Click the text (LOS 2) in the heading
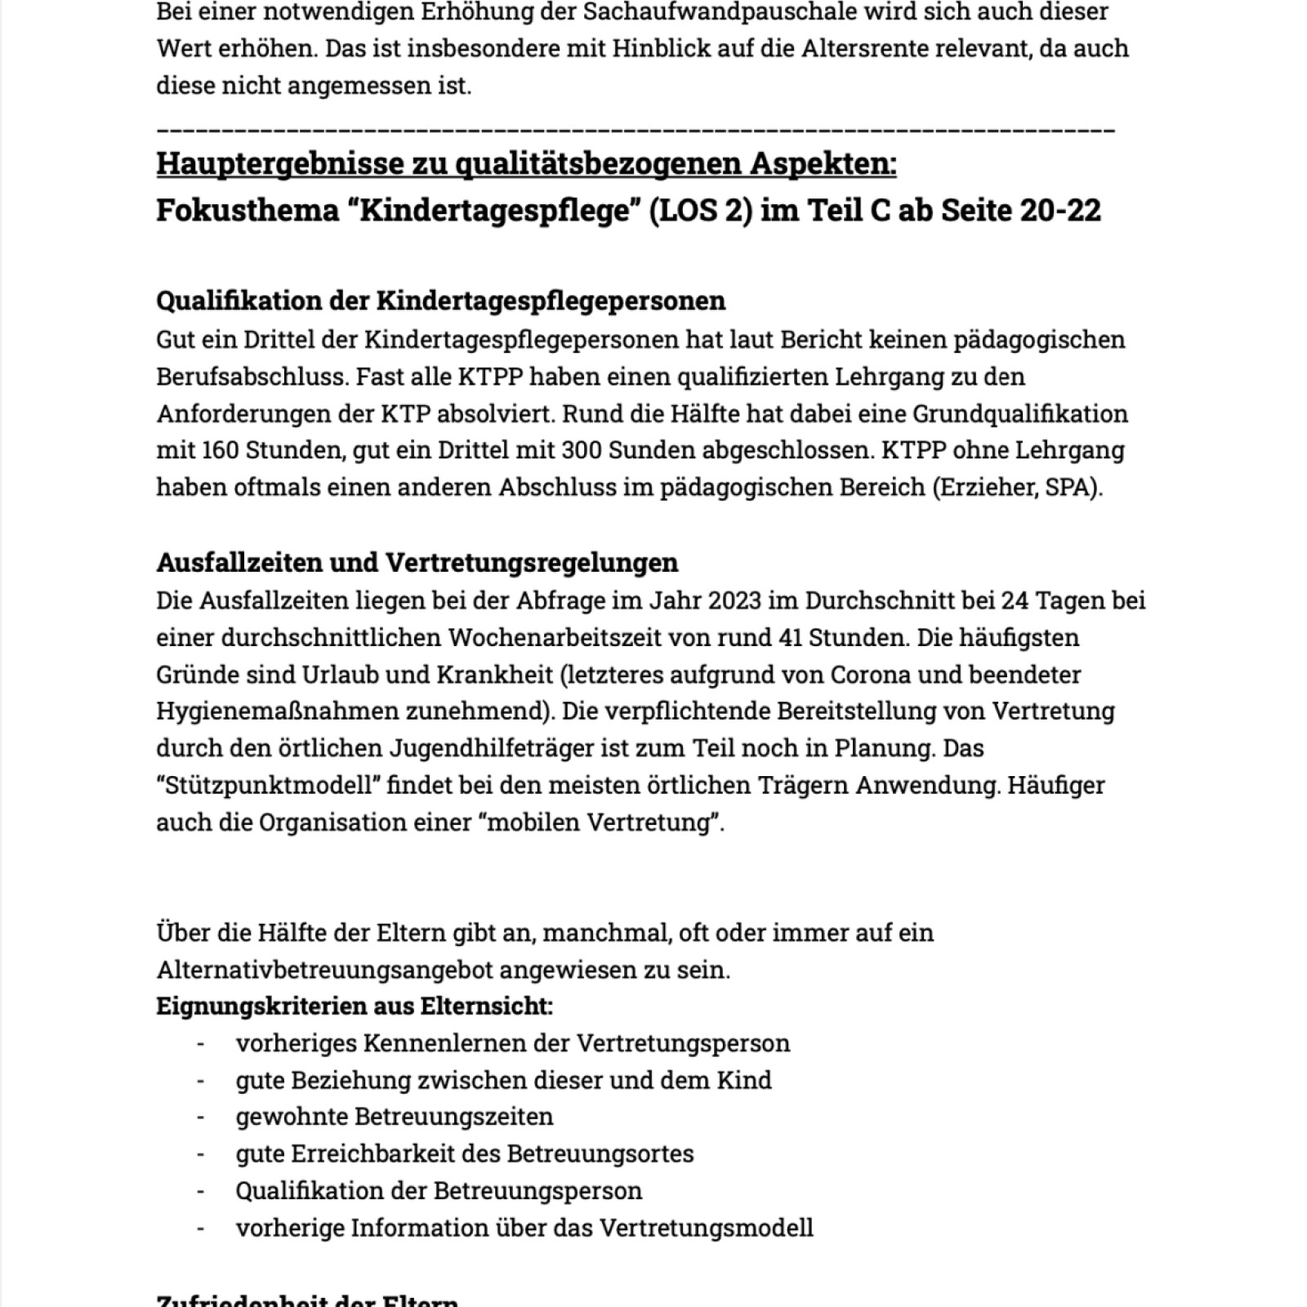[701, 211]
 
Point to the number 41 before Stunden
[785, 637]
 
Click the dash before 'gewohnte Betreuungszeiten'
[200, 1117]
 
